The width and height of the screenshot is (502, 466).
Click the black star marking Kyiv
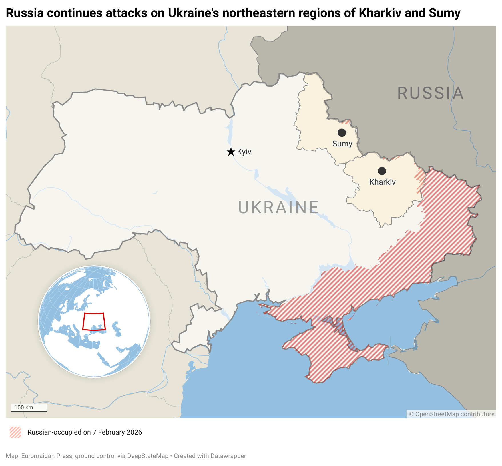(231, 152)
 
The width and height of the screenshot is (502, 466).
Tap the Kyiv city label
(244, 152)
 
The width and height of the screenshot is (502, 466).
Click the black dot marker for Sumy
(342, 132)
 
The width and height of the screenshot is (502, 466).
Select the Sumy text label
(342, 144)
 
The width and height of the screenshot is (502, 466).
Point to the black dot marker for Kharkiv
(382, 171)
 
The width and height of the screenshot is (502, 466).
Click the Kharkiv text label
(382, 182)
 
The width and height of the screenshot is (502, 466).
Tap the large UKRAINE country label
(278, 207)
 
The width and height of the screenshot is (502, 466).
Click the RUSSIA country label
(430, 93)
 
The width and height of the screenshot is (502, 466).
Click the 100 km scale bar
(29, 409)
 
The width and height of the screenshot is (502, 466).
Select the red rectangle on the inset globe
(94, 322)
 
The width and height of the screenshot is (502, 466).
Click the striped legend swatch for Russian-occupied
(15, 432)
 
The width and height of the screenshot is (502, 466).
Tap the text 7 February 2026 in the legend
(117, 432)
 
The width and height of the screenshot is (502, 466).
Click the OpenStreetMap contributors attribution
(451, 414)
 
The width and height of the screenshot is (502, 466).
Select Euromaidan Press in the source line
(47, 456)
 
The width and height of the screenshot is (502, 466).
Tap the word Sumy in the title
(445, 13)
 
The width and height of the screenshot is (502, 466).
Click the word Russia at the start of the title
(24, 13)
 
